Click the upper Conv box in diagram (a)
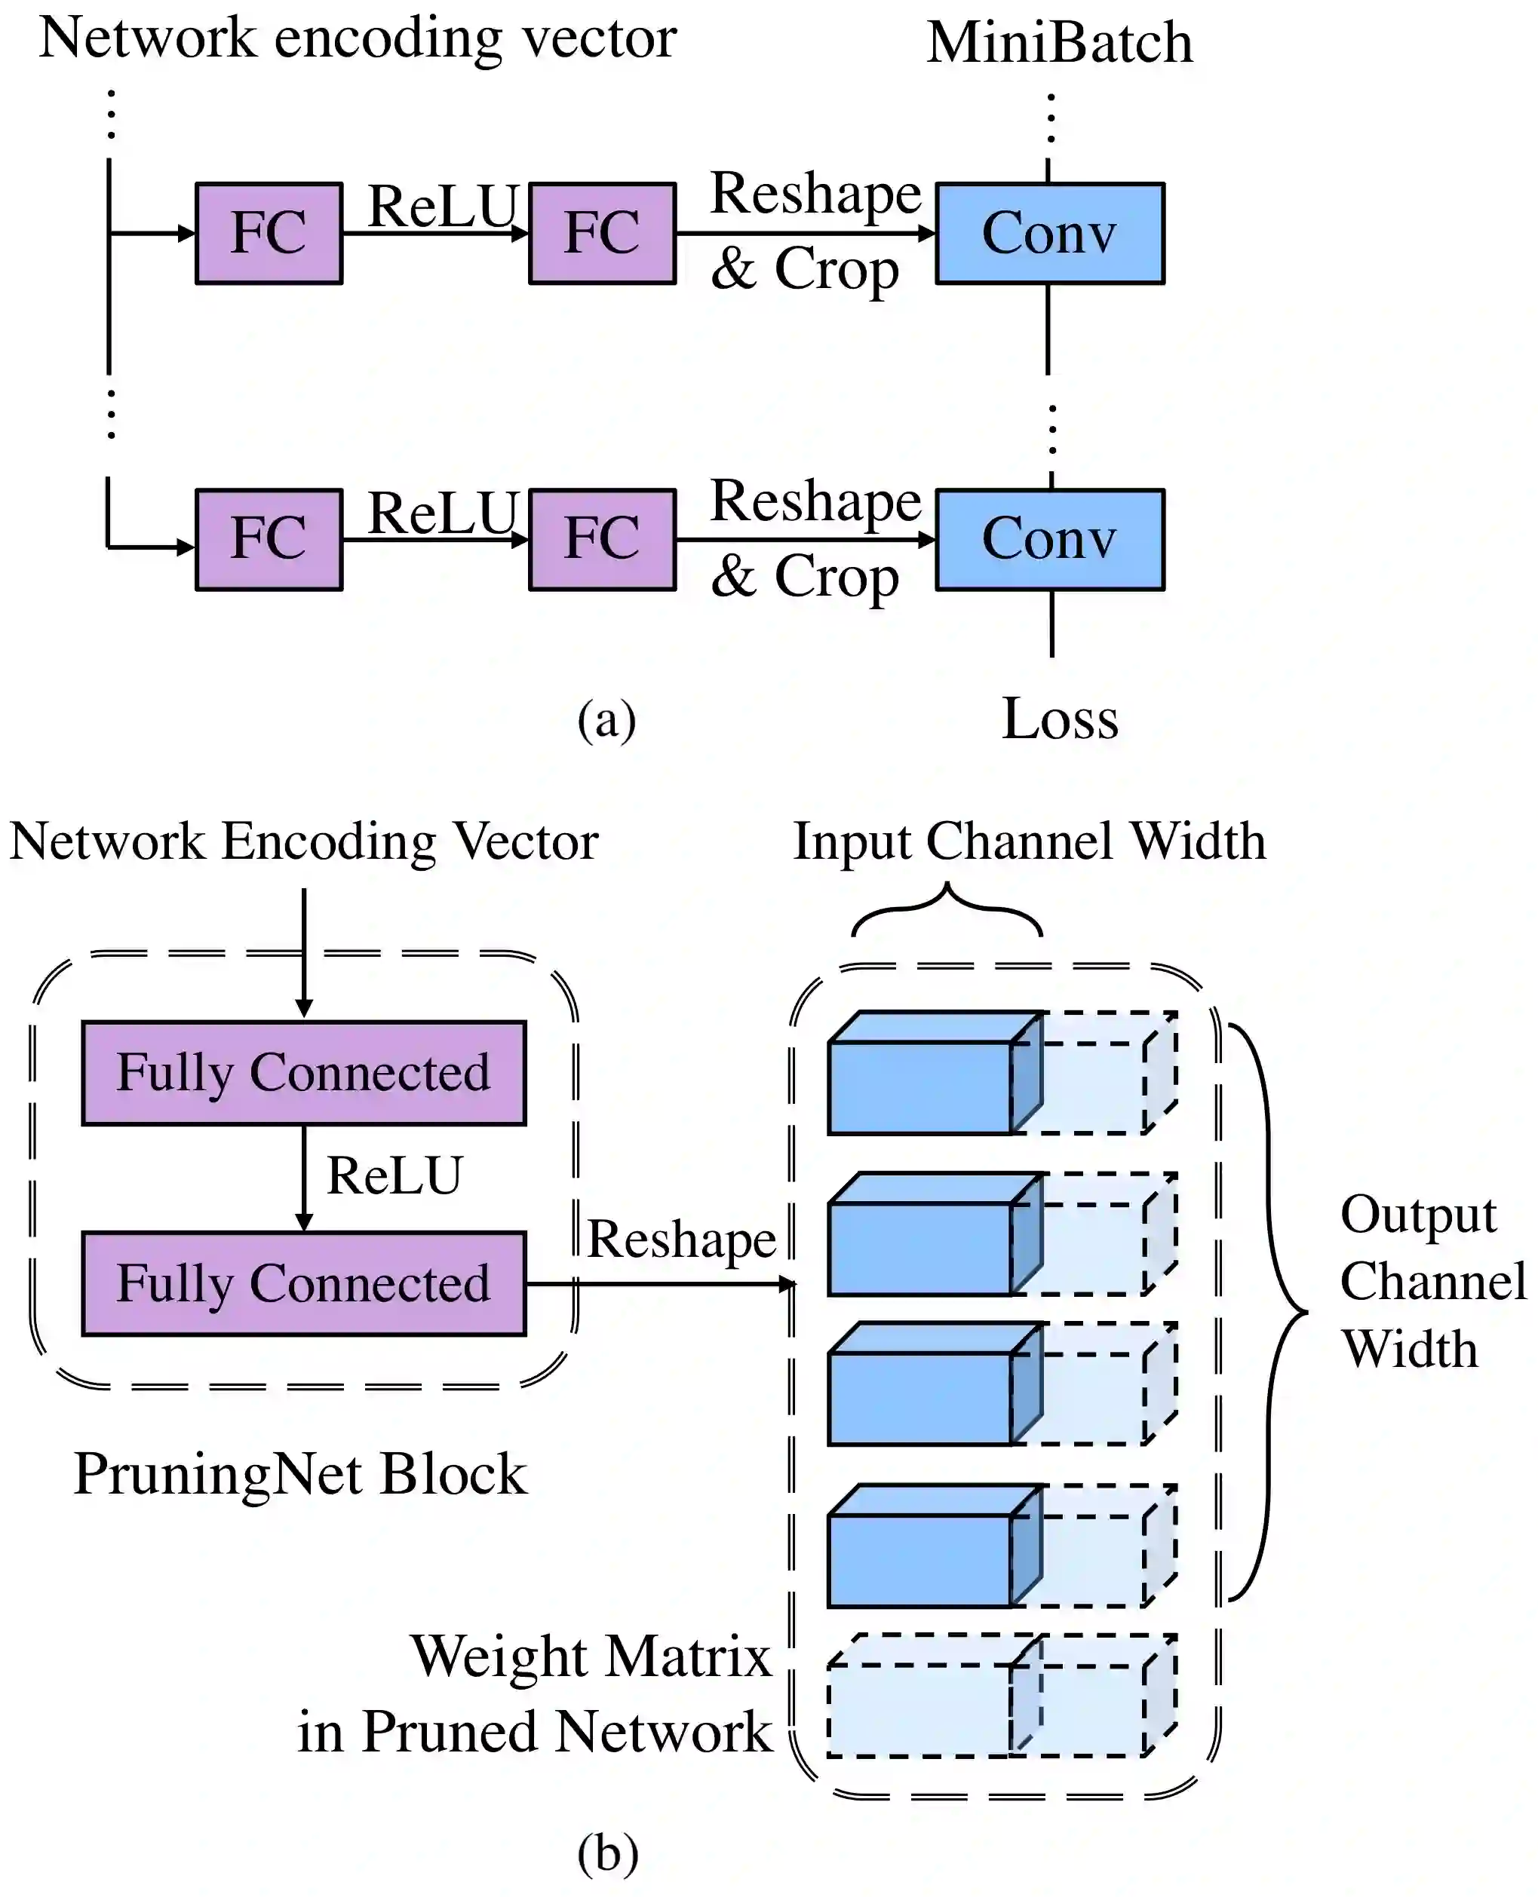[x=1050, y=233]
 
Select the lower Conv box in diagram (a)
[x=1050, y=539]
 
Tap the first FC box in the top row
[x=269, y=233]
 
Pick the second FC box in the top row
[x=603, y=233]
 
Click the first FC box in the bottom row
[x=269, y=539]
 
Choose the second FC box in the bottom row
[x=603, y=539]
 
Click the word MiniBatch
[x=1060, y=42]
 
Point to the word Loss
[x=1060, y=719]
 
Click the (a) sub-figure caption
[x=607, y=719]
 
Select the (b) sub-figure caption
[x=607, y=1853]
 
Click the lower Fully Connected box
[x=304, y=1283]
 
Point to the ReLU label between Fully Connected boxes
[x=394, y=1176]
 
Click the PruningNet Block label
[x=299, y=1475]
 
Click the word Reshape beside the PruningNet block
[x=681, y=1239]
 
